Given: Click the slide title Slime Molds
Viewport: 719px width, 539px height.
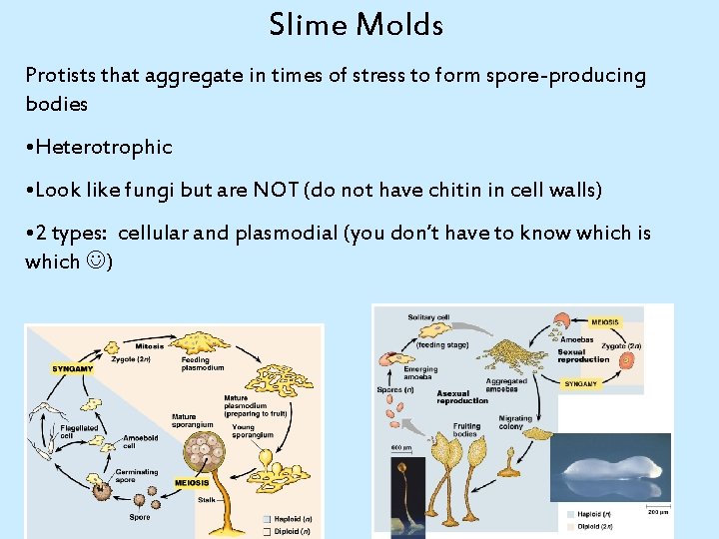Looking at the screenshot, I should [356, 24].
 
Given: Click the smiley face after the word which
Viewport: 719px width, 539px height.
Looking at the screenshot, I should [97, 262].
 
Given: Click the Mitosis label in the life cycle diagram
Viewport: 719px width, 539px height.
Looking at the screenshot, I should [149, 346].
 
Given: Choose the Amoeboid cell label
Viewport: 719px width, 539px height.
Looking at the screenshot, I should [140, 442].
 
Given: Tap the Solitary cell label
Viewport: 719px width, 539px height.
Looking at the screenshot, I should [428, 317].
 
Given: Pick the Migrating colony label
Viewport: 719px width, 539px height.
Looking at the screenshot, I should [516, 423].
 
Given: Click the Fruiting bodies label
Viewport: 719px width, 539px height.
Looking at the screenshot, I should [466, 430].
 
